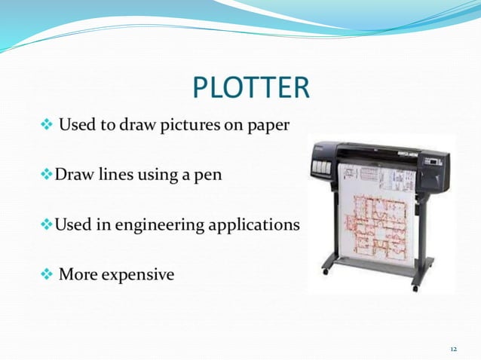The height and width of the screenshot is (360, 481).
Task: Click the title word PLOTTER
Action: tap(251, 87)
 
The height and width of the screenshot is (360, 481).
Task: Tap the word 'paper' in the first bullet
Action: tap(266, 124)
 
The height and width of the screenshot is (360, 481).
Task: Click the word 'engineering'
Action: tap(151, 225)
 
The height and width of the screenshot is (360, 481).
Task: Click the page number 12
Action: tap(453, 349)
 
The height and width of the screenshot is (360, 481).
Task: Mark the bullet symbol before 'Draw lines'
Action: tap(46, 175)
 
